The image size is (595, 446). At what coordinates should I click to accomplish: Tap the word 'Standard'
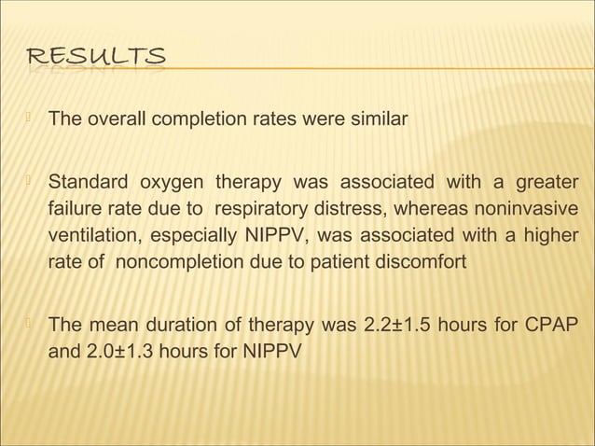click(86, 180)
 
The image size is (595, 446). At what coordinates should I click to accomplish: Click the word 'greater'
click(545, 180)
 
